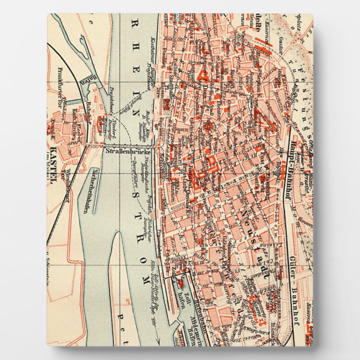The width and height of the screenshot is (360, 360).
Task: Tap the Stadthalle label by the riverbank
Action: tap(164, 168)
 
